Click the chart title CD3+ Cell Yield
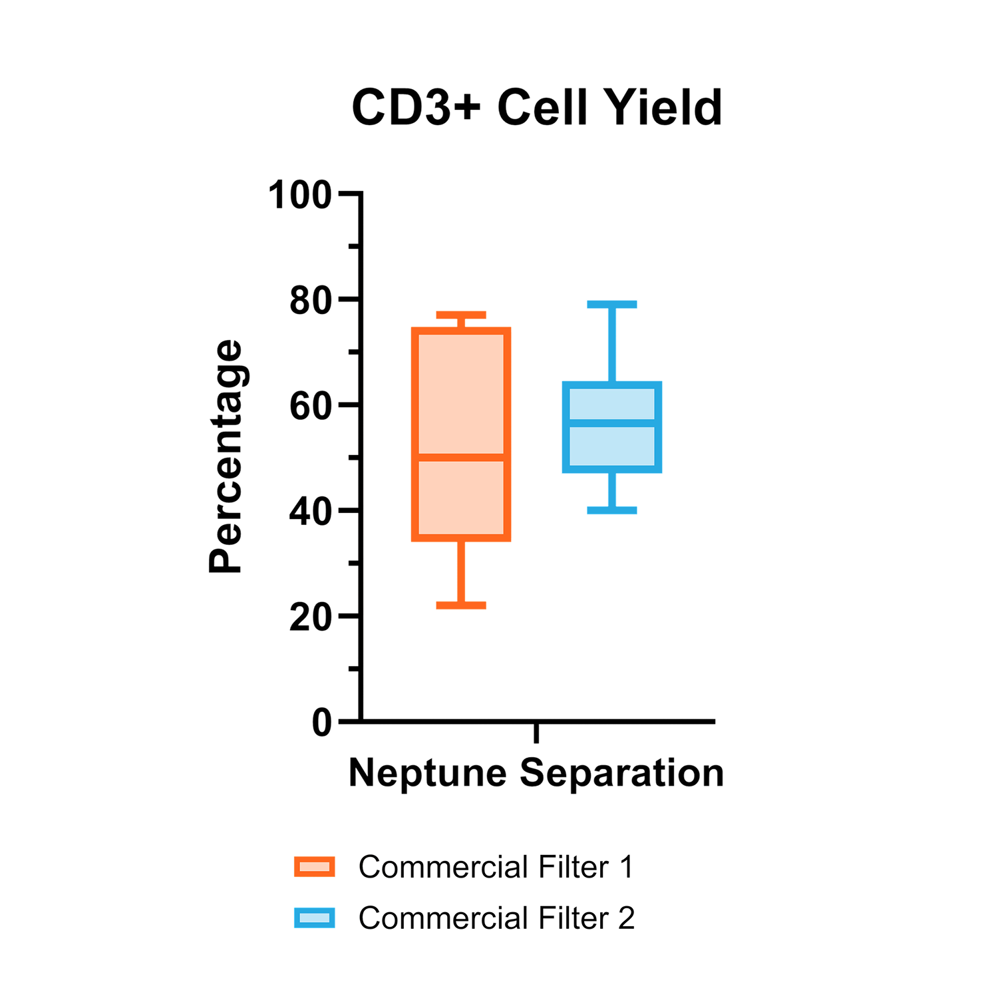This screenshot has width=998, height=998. [537, 108]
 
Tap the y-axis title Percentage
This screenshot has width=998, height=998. [226, 456]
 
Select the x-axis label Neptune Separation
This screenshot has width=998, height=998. [536, 774]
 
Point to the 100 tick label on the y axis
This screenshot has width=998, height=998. [299, 196]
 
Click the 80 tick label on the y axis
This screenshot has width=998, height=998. [311, 301]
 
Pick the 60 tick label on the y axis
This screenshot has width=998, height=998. [311, 407]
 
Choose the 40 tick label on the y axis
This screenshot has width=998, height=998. [311, 512]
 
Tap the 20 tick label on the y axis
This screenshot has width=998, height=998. [311, 618]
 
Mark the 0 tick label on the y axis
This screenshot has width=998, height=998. [322, 723]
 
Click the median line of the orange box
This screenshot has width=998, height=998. [461, 457]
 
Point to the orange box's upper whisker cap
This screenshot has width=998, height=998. [461, 315]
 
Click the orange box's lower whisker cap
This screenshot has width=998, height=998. [461, 605]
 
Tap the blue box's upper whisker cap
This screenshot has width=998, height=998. [612, 305]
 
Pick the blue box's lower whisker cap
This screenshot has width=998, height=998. [612, 510]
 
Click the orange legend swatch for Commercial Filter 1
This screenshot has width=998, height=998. [315, 867]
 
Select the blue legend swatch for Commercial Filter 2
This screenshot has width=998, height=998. [315, 918]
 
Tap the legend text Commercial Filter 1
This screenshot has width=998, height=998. [496, 867]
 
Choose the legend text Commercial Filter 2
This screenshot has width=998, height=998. [497, 918]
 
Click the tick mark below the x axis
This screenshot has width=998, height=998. [536, 733]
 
